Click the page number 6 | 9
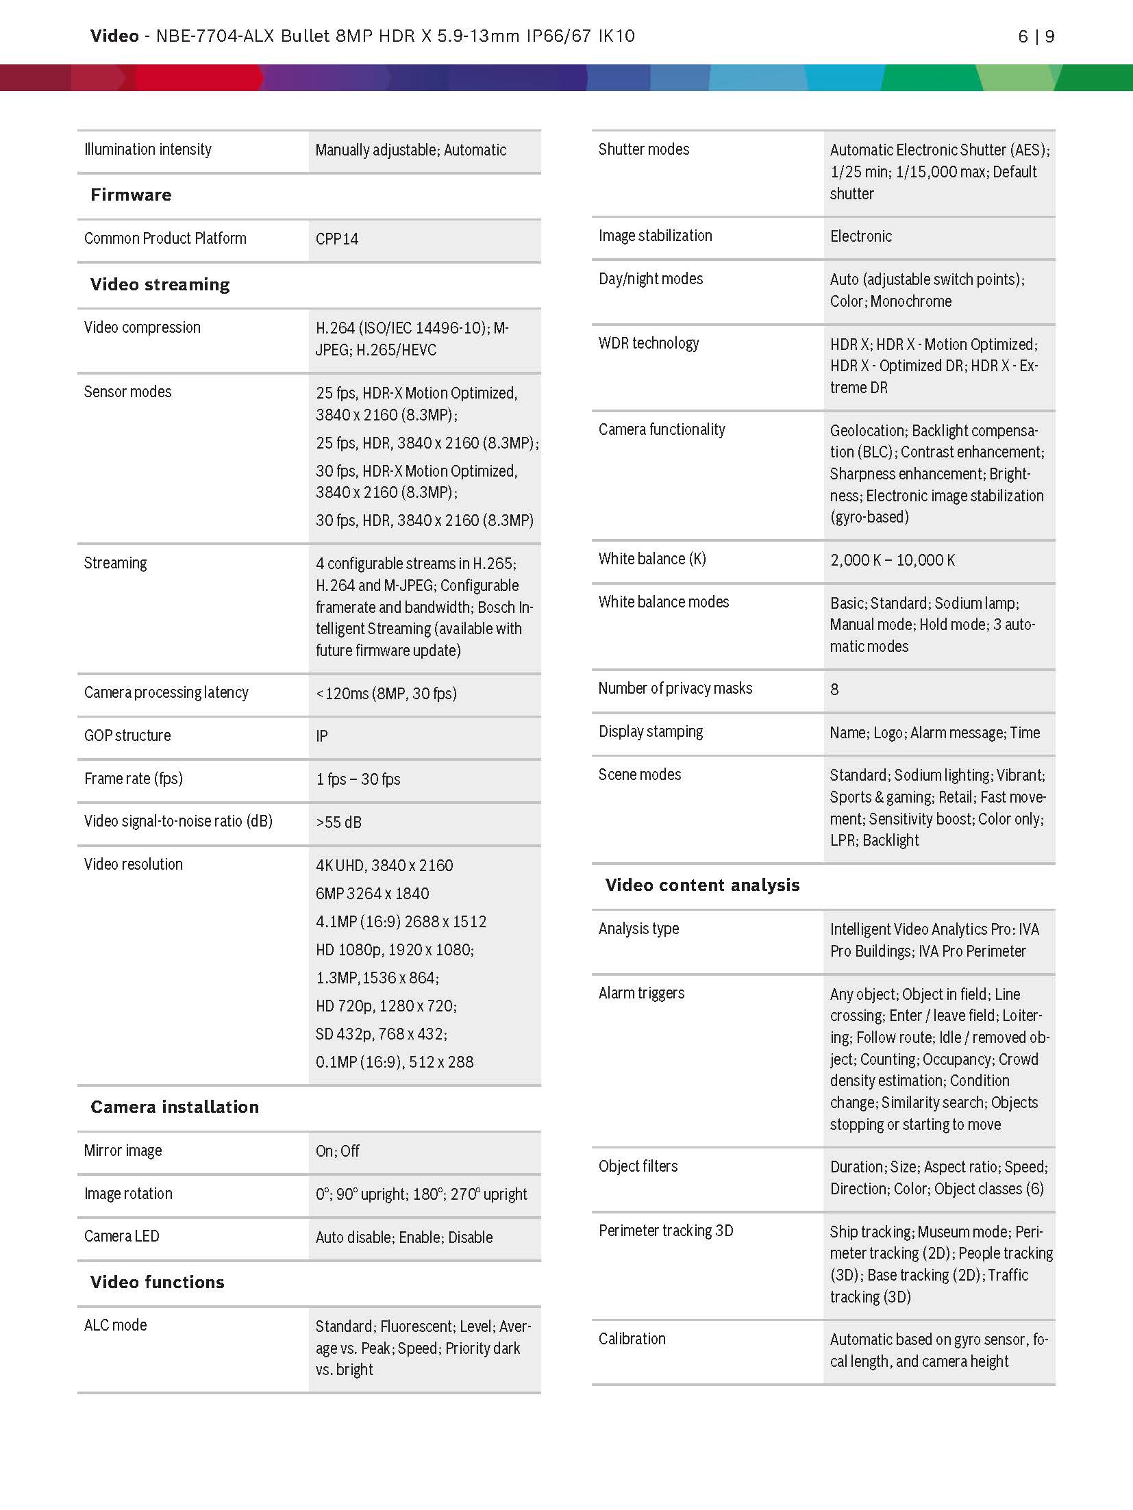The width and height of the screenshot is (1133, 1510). (x=1036, y=36)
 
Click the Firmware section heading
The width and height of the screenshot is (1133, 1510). (x=131, y=195)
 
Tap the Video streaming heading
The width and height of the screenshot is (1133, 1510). (x=160, y=284)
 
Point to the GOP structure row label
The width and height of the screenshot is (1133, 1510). (x=127, y=735)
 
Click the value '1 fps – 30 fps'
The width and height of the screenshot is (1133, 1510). (x=358, y=779)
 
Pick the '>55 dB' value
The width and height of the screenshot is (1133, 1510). (x=338, y=822)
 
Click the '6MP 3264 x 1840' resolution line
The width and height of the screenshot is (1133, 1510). (x=372, y=894)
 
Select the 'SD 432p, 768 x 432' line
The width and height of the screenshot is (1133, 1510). (x=381, y=1034)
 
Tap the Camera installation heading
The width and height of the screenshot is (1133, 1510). (x=175, y=1107)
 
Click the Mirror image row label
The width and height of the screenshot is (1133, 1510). (x=123, y=1150)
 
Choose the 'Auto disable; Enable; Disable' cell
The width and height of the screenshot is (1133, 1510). (x=404, y=1237)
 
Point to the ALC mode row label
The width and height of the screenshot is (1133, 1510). (x=115, y=1325)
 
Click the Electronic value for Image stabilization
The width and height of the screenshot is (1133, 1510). (x=860, y=236)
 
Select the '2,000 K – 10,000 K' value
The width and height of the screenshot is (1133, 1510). (x=892, y=560)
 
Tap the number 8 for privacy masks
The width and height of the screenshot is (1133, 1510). (x=834, y=690)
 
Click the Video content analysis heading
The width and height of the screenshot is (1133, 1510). (x=702, y=885)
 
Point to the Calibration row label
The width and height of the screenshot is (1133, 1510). (x=632, y=1339)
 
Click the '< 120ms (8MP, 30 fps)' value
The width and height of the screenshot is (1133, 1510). (x=386, y=693)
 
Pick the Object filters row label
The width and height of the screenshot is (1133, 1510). (x=638, y=1166)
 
